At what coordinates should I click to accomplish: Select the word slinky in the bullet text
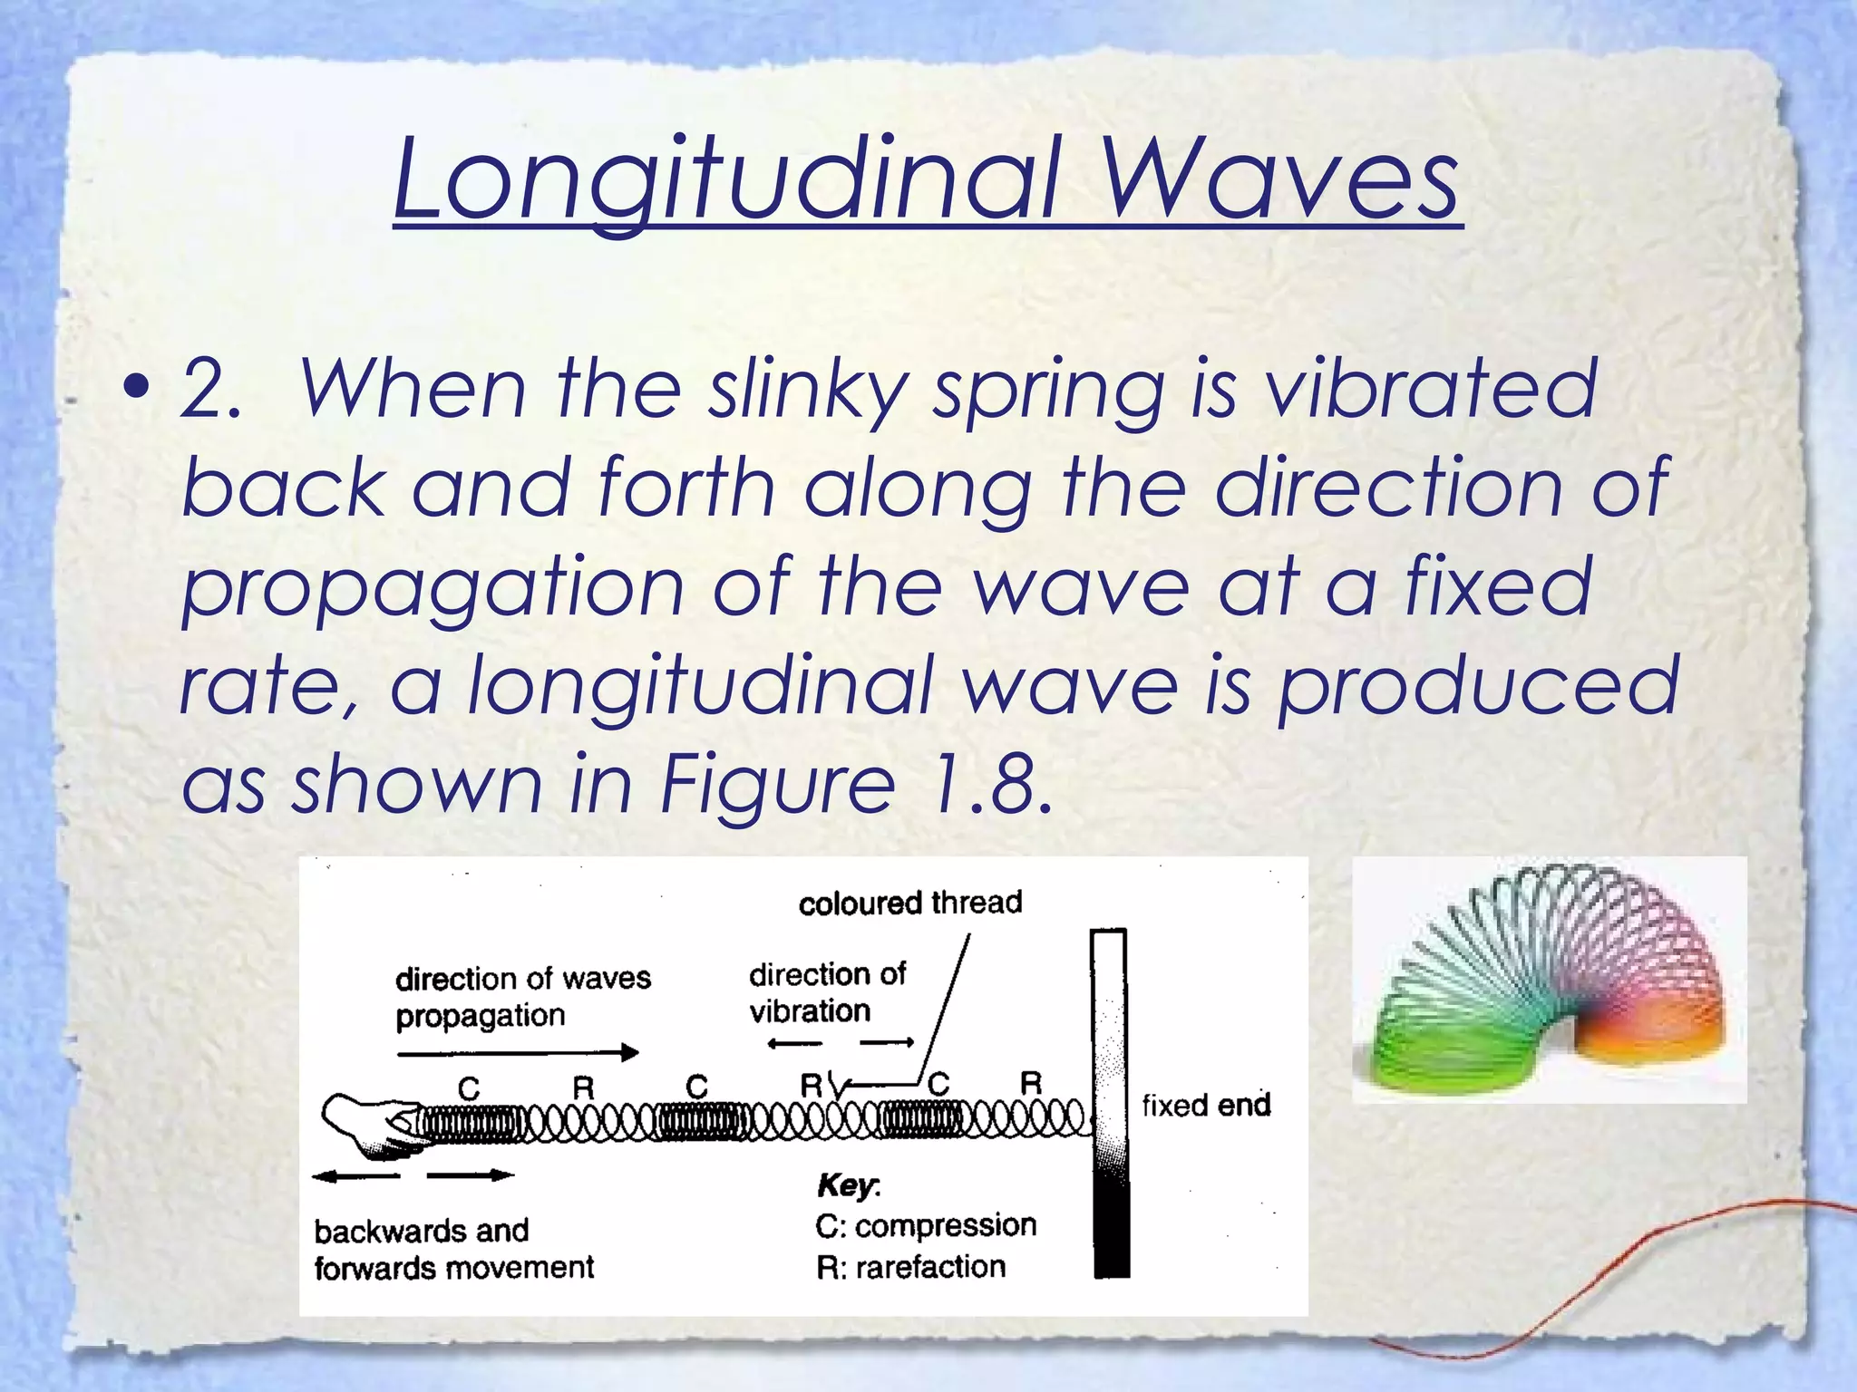click(807, 390)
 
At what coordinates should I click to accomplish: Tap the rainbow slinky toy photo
click(1549, 979)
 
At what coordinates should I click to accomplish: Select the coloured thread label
click(909, 903)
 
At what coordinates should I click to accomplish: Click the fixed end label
click(1206, 1106)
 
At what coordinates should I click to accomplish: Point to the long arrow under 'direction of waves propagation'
click(518, 1053)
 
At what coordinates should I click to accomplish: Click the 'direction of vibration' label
click(826, 992)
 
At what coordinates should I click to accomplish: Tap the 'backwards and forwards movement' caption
click(453, 1249)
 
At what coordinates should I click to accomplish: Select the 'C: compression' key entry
click(925, 1226)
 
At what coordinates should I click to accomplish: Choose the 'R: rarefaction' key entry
click(910, 1267)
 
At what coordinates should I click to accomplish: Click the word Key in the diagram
click(847, 1185)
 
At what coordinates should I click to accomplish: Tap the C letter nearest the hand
click(468, 1087)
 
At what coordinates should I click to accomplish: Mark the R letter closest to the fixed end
click(1031, 1083)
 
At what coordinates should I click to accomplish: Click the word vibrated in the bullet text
click(1430, 390)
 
